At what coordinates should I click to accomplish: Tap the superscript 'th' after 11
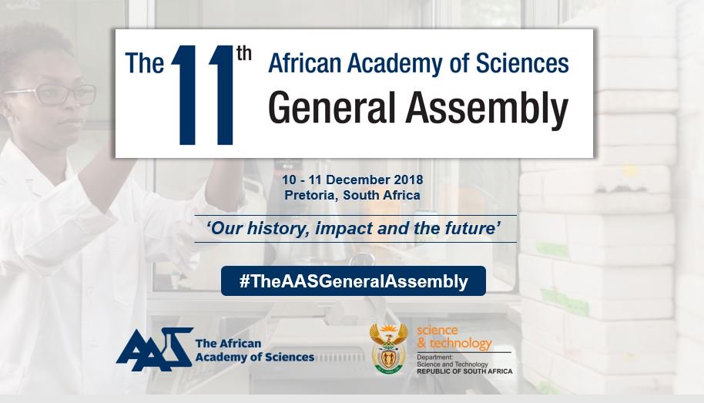[x=244, y=59]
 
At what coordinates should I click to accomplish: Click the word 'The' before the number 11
[x=145, y=63]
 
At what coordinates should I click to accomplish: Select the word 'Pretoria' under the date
[x=310, y=195]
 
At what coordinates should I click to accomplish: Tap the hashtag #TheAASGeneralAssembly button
[x=354, y=281]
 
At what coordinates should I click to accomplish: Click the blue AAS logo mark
[x=153, y=348]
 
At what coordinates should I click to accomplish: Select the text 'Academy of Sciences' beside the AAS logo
[x=255, y=357]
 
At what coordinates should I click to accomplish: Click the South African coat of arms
[x=389, y=348]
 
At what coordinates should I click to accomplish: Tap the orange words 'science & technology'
[x=454, y=338]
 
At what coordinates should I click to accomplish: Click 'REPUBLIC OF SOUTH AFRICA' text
[x=464, y=371]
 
